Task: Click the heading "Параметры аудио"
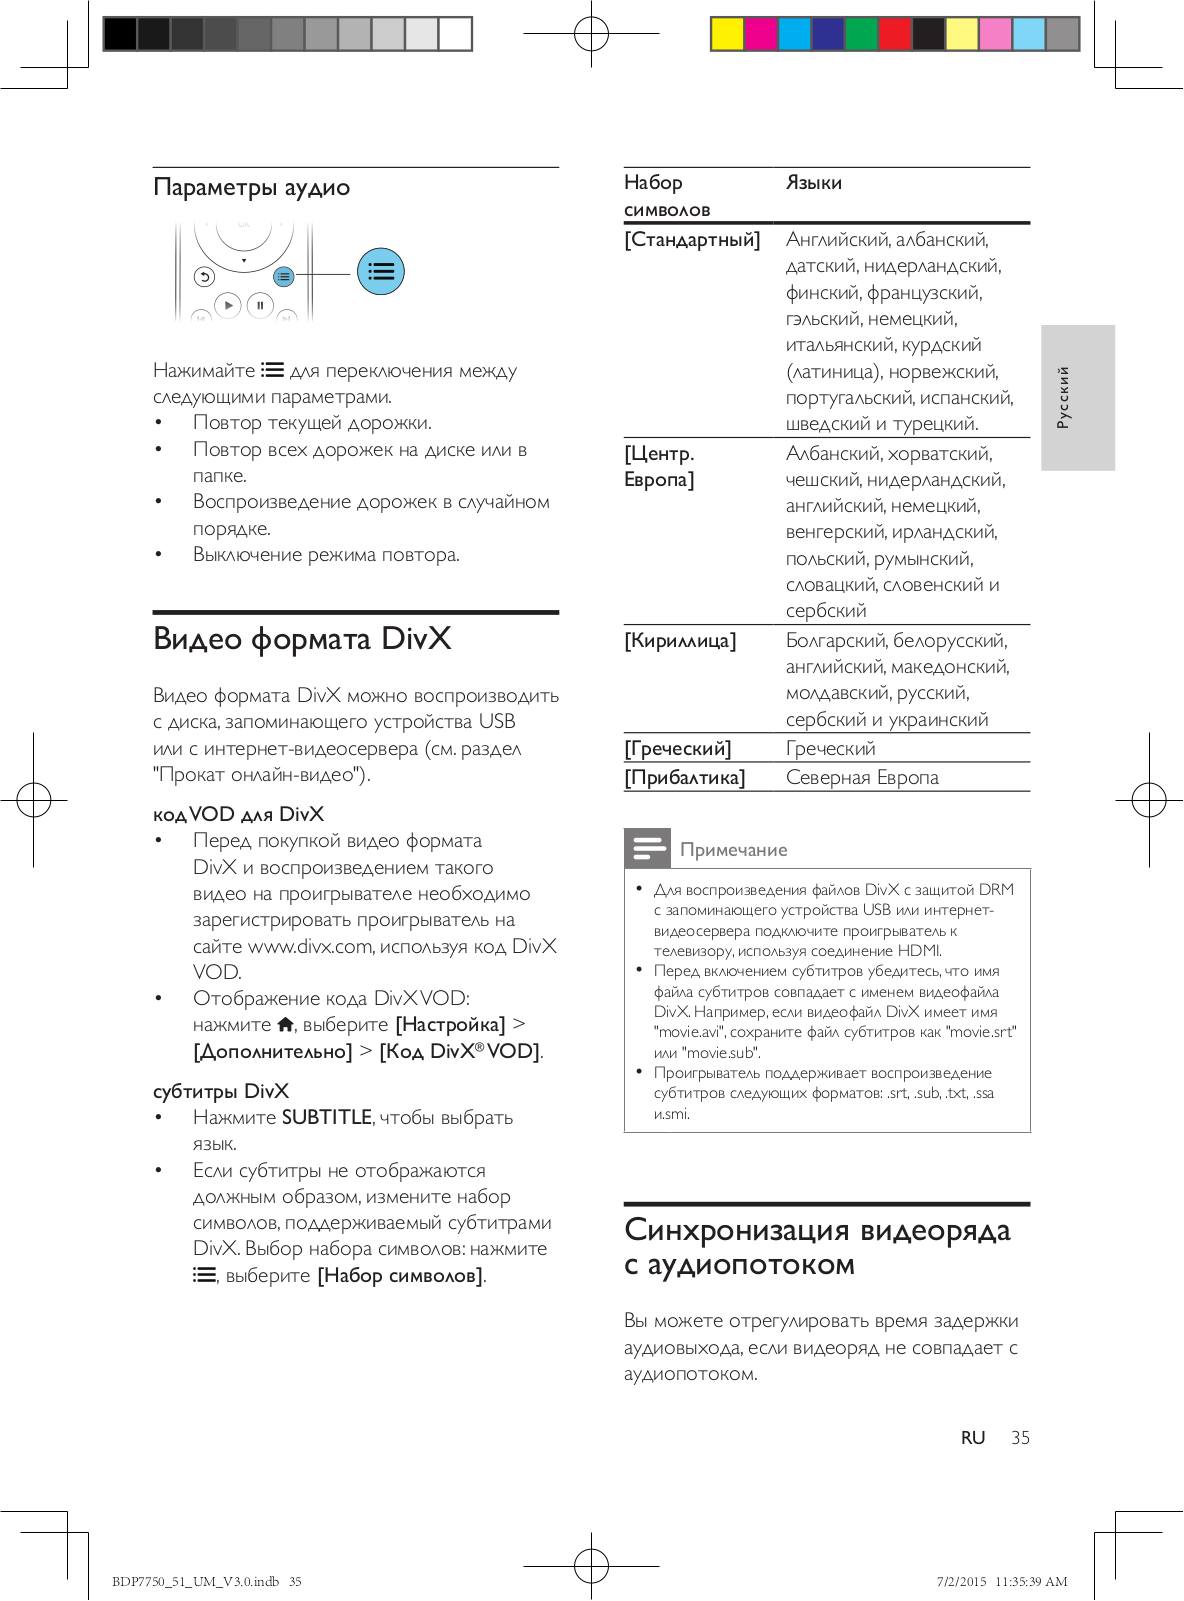tap(252, 188)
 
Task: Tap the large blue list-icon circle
tap(381, 271)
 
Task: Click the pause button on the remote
tap(260, 305)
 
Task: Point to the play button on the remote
tap(228, 304)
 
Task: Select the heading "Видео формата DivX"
tap(302, 639)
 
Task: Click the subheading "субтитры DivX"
tap(221, 1091)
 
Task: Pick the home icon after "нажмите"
tap(286, 1024)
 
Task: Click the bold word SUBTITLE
tap(327, 1117)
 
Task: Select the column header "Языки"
tap(814, 183)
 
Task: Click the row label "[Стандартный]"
tap(692, 240)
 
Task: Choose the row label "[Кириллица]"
tap(680, 641)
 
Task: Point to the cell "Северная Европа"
tap(862, 778)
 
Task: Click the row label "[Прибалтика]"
tap(685, 778)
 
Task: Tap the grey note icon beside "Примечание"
tap(647, 848)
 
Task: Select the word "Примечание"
tap(734, 850)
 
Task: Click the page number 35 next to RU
tap(1020, 1438)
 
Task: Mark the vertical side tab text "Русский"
tap(1063, 397)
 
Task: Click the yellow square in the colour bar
tap(727, 34)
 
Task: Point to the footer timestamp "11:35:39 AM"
tap(1031, 1582)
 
